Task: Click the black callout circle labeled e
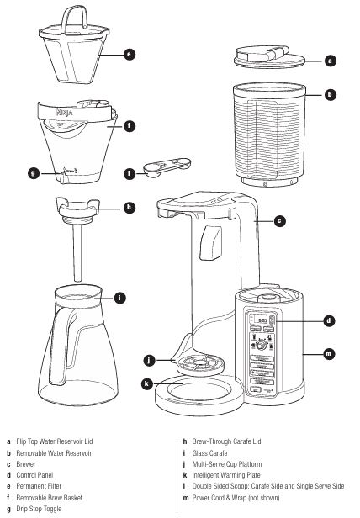tap(130, 54)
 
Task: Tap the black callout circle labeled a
tap(330, 61)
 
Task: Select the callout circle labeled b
tap(330, 95)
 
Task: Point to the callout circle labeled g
tap(34, 173)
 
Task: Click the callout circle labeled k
tap(147, 383)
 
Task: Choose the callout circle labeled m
tap(328, 354)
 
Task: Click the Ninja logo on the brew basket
tap(65, 113)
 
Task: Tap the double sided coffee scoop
tap(167, 167)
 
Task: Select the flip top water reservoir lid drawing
tap(269, 57)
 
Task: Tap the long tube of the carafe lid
tap(77, 253)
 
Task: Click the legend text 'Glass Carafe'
tap(209, 453)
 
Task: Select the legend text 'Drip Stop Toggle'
tap(39, 509)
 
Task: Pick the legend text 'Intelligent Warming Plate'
tap(226, 475)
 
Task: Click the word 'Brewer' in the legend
tap(26, 464)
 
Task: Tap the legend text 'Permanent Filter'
tap(39, 486)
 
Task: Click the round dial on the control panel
tap(262, 345)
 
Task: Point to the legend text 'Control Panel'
tap(34, 475)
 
